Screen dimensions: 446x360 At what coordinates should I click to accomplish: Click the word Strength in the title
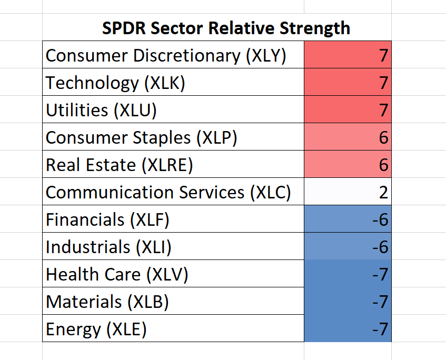pyautogui.click(x=315, y=28)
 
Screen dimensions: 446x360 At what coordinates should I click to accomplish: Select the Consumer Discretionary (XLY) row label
pyautogui.click(x=166, y=55)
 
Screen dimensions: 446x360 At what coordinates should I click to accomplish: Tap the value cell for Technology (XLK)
pyautogui.click(x=348, y=82)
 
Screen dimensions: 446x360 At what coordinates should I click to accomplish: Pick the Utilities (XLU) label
pyautogui.click(x=101, y=111)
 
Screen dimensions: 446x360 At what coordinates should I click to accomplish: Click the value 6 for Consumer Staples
pyautogui.click(x=384, y=137)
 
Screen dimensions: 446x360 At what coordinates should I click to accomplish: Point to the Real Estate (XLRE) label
pyautogui.click(x=120, y=165)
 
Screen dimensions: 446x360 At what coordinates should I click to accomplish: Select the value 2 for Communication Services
pyautogui.click(x=384, y=192)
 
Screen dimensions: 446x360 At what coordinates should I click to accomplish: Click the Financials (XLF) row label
pyautogui.click(x=107, y=220)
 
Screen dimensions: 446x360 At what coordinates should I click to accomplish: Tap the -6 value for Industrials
pyautogui.click(x=381, y=247)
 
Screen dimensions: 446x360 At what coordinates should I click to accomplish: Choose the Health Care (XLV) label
pyautogui.click(x=117, y=275)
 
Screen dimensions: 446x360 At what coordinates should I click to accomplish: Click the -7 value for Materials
pyautogui.click(x=381, y=302)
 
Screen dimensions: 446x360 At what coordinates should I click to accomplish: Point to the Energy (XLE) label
pyautogui.click(x=96, y=329)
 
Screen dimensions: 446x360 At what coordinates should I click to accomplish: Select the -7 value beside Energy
pyautogui.click(x=381, y=329)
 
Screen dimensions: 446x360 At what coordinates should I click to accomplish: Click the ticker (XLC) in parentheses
pyautogui.click(x=271, y=193)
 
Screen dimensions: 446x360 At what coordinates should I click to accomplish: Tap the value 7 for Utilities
pyautogui.click(x=384, y=110)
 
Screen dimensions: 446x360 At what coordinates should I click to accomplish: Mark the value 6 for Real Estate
pyautogui.click(x=384, y=165)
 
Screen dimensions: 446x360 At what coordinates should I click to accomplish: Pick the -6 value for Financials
pyautogui.click(x=381, y=219)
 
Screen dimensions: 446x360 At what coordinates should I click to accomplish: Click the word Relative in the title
pyautogui.click(x=242, y=28)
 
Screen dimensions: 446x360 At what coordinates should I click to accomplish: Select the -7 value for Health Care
pyautogui.click(x=381, y=274)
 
